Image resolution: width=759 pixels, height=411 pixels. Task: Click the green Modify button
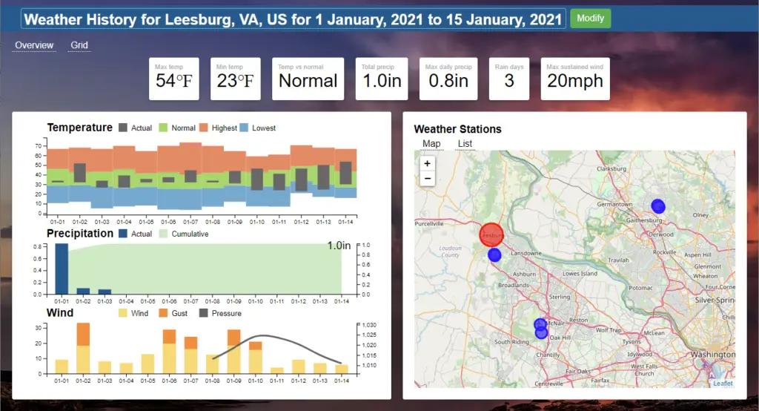(x=590, y=19)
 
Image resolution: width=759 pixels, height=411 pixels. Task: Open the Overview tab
(x=34, y=45)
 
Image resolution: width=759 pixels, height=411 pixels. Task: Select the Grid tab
(x=79, y=45)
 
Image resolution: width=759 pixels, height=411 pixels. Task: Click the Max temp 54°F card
(x=173, y=79)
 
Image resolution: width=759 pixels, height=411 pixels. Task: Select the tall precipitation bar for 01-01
(x=62, y=269)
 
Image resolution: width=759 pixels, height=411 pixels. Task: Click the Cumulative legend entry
(x=183, y=234)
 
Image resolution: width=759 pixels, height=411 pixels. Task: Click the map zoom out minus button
(x=427, y=179)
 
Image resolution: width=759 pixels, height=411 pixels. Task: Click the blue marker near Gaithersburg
(x=658, y=206)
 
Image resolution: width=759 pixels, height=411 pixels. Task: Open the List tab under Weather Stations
(x=465, y=144)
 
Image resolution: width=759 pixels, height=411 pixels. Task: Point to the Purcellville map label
(x=428, y=223)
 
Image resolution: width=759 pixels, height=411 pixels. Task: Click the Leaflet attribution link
(x=722, y=384)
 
